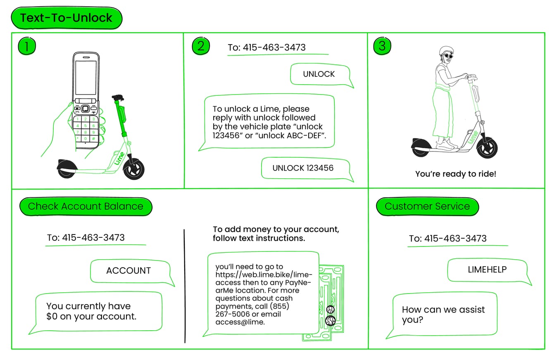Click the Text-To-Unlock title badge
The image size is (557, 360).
click(x=66, y=18)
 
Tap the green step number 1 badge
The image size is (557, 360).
click(x=27, y=46)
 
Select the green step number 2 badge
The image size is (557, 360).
click(x=201, y=46)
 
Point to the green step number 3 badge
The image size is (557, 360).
click(x=382, y=46)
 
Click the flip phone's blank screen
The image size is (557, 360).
click(x=86, y=77)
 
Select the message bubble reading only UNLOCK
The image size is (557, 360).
click(x=319, y=74)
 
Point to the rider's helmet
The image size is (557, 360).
click(x=446, y=51)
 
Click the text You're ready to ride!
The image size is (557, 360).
click(x=455, y=174)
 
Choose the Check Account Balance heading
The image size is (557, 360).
click(x=86, y=206)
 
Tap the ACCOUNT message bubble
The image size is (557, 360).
click(x=129, y=271)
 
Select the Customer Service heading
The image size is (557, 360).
click(x=427, y=206)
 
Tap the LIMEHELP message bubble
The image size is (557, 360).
click(x=487, y=270)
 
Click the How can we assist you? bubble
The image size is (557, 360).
click(x=443, y=315)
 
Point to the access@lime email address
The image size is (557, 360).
click(x=239, y=322)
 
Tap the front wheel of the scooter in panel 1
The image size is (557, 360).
click(x=133, y=169)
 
